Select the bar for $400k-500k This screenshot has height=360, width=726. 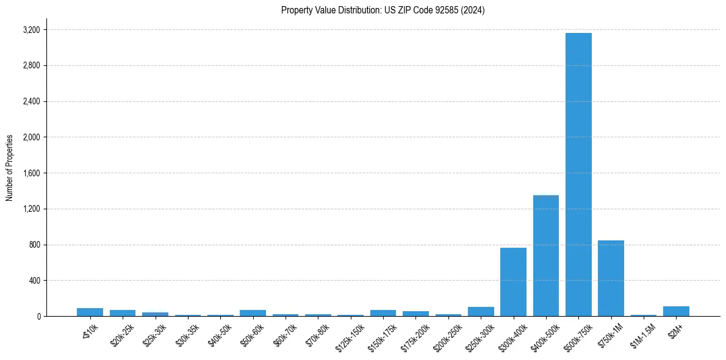pos(546,256)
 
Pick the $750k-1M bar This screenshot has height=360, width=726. pos(611,278)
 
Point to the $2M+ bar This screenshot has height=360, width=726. pos(676,311)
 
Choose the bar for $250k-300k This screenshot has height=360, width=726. pos(481,312)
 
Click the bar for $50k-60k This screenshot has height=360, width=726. pos(253,313)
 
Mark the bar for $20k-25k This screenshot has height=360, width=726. pos(123,313)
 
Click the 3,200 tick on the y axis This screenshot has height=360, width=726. pos(31,30)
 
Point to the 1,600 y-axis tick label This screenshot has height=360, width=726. pos(31,173)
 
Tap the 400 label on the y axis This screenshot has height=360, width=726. pos(34,281)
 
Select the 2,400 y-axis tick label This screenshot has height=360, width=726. pos(31,101)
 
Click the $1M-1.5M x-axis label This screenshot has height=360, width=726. pos(642,333)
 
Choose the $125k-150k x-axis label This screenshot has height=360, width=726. pos(350,334)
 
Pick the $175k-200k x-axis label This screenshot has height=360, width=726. pos(415,334)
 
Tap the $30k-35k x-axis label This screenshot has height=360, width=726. pos(187,333)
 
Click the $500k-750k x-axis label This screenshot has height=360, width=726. pos(577,334)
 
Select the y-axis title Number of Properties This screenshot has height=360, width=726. pos(10,168)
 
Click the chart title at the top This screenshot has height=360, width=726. pos(383,10)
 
